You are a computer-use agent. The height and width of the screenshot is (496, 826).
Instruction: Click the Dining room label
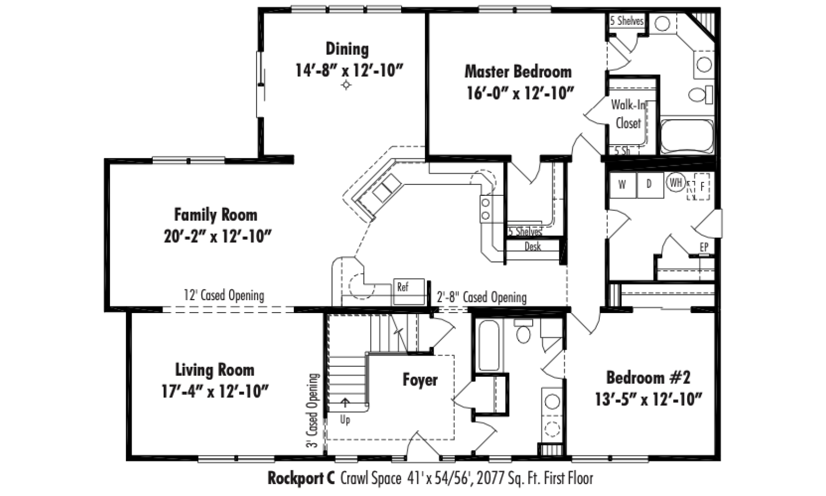[x=347, y=49]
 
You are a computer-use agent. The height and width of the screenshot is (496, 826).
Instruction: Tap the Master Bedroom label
[x=518, y=72]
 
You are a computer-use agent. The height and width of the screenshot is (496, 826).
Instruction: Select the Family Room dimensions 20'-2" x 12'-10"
[x=217, y=237]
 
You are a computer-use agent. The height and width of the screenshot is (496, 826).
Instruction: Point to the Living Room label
[x=215, y=370]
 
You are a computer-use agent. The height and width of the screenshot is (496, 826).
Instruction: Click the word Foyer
[x=420, y=380]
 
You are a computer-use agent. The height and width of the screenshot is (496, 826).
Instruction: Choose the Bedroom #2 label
[x=648, y=378]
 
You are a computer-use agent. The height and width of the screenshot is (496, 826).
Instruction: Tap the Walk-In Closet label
[x=628, y=114]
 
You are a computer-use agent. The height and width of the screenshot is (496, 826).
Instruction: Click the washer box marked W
[x=623, y=185]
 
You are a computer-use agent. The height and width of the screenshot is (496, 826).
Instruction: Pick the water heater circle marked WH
[x=676, y=182]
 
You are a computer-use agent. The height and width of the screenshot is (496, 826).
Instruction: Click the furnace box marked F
[x=702, y=187]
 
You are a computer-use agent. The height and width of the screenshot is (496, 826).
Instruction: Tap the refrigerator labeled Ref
[x=409, y=291]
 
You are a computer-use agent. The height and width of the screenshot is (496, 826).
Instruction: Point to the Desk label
[x=533, y=246]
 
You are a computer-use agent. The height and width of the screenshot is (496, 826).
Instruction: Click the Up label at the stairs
[x=345, y=421]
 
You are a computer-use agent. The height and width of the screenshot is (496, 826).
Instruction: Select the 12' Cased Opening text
[x=224, y=296]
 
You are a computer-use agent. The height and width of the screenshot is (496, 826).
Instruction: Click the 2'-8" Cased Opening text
[x=482, y=297]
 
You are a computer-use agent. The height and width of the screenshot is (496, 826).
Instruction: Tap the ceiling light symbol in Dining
[x=346, y=85]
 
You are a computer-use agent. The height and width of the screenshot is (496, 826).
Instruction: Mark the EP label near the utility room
[x=704, y=247]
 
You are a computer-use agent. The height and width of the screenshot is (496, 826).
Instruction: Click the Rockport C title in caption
[x=301, y=478]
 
